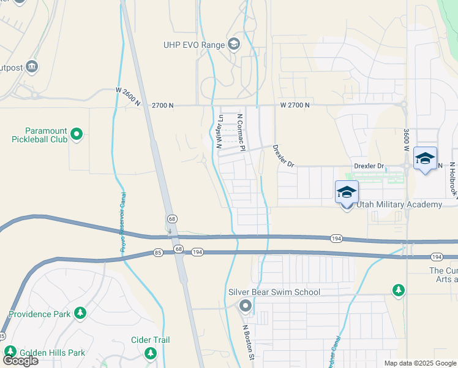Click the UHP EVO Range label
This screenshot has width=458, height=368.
(x=193, y=44)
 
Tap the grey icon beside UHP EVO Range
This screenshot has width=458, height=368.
(x=233, y=44)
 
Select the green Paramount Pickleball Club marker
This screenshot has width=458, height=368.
(x=76, y=133)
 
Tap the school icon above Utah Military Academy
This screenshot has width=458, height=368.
(x=347, y=193)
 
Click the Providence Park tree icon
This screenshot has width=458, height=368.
(x=80, y=313)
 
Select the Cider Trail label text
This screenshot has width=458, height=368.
(x=150, y=340)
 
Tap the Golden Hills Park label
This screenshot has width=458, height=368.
(x=53, y=353)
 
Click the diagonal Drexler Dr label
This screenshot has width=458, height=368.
(x=283, y=156)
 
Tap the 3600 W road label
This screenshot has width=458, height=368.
(x=405, y=140)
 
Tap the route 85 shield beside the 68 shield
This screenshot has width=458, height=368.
(x=157, y=252)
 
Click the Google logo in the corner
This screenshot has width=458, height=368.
(x=20, y=361)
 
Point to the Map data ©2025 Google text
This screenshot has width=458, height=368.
(x=419, y=363)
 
